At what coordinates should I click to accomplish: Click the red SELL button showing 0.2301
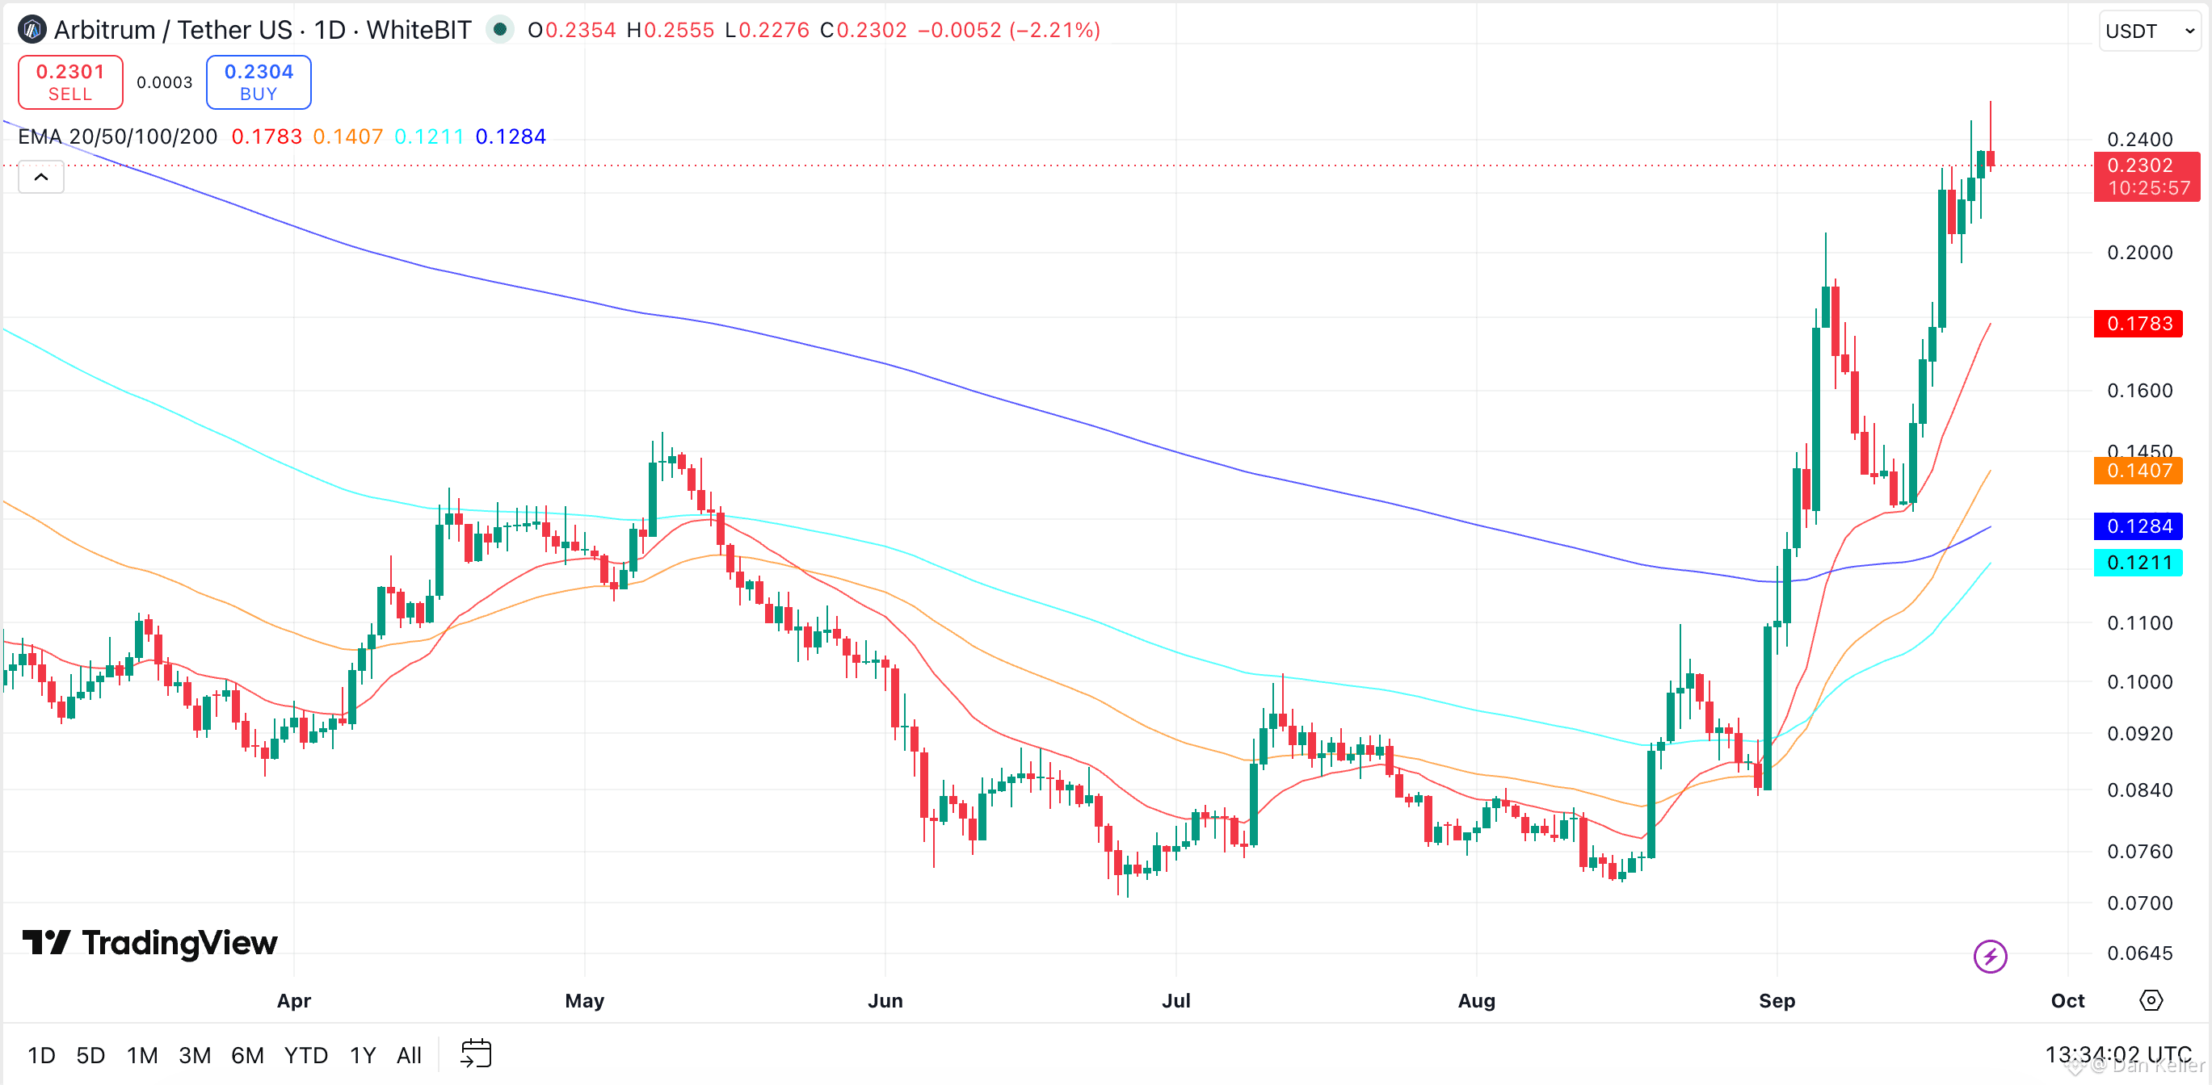coord(70,82)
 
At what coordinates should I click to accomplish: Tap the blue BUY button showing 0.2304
coord(259,82)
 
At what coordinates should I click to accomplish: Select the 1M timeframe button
coord(142,1055)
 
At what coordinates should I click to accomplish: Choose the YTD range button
coord(305,1055)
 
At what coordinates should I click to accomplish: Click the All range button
coord(409,1055)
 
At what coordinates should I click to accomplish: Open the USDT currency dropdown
coord(2149,31)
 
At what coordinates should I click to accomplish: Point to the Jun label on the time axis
coord(885,1001)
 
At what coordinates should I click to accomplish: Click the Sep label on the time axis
coord(1777,1001)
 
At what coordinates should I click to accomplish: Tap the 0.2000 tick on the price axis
coord(2140,253)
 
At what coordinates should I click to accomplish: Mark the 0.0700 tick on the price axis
coord(2140,903)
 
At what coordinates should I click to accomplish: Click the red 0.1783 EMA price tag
coord(2138,324)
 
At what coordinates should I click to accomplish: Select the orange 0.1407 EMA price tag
coord(2138,471)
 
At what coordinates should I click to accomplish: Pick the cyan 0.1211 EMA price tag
coord(2138,563)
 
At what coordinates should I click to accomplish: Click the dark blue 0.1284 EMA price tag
coord(2138,526)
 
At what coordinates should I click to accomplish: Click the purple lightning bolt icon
coord(1990,957)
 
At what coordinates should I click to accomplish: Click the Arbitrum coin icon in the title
coord(32,30)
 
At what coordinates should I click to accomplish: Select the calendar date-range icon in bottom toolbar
coord(476,1054)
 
